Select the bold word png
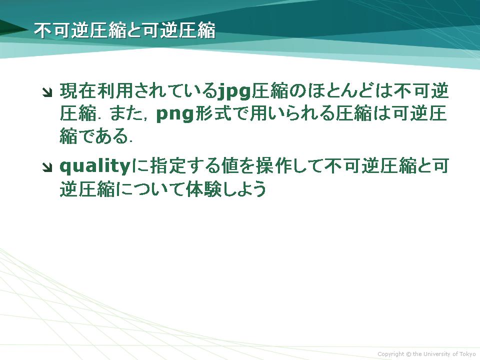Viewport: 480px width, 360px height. pyautogui.click(x=175, y=114)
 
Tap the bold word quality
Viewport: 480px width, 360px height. pyautogui.click(x=95, y=166)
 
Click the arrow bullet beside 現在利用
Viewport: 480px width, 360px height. pyautogui.click(x=47, y=92)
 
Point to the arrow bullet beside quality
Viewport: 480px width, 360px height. pyautogui.click(x=47, y=167)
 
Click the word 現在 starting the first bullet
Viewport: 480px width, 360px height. pyautogui.click(x=78, y=91)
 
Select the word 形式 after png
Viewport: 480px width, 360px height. pyautogui.click(x=212, y=113)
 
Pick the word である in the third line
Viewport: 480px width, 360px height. pyautogui.click(x=104, y=136)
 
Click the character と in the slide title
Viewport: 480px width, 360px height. pyautogui.click(x=134, y=30)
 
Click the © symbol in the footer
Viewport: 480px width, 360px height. pyautogui.click(x=408, y=354)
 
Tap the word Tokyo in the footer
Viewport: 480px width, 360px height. pyautogui.click(x=467, y=354)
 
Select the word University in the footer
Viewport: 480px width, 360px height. pyautogui.click(x=437, y=354)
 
